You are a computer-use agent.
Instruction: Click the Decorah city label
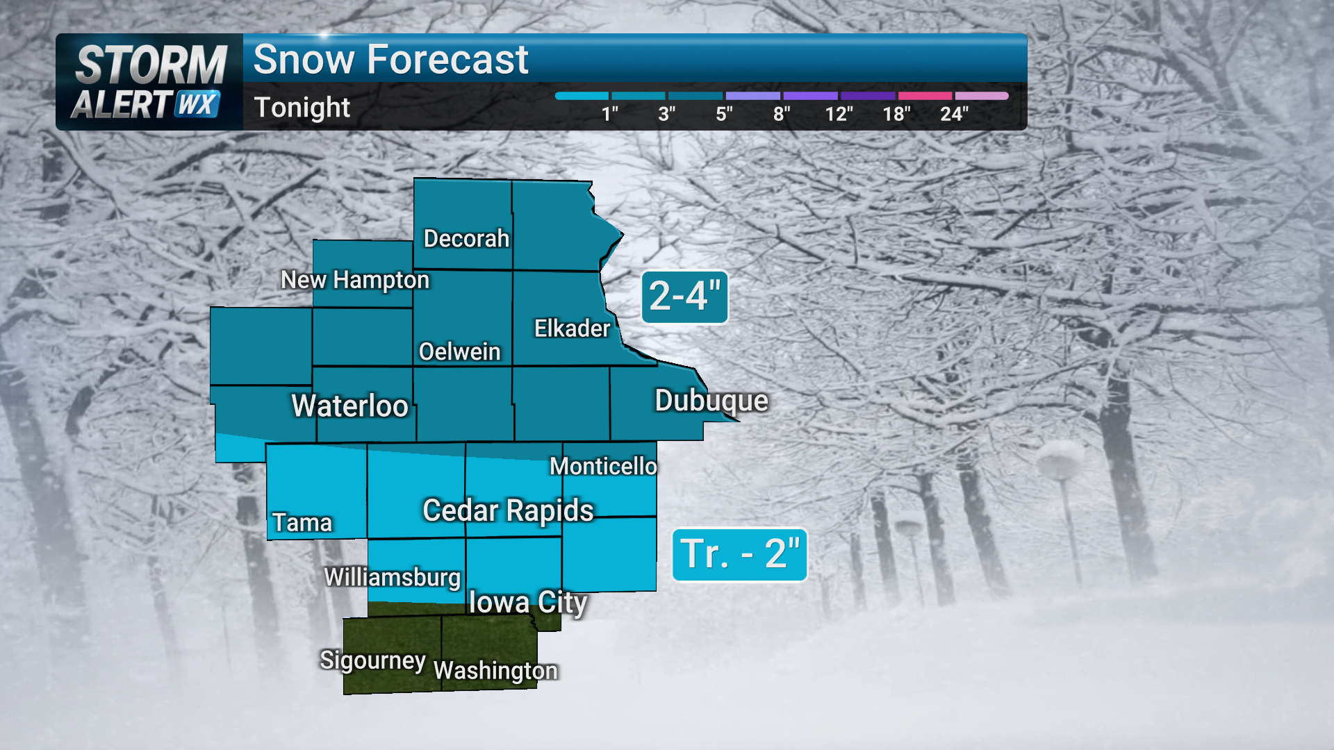[466, 239]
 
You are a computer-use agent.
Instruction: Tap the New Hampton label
[355, 280]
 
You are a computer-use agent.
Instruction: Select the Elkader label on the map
[572, 328]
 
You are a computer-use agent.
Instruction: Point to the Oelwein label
[459, 352]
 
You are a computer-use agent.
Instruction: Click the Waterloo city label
[349, 406]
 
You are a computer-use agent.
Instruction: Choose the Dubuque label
[711, 401]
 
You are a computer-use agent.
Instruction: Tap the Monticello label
[603, 467]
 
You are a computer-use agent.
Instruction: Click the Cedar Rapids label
[508, 511]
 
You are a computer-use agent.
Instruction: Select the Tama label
[302, 523]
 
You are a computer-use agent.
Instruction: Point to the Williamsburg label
[393, 578]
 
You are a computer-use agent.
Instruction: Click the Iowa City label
[528, 603]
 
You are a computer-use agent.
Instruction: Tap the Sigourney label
[372, 660]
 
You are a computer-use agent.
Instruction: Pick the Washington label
[495, 671]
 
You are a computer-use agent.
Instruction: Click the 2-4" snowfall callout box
[684, 297]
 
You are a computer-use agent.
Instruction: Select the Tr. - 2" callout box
[739, 555]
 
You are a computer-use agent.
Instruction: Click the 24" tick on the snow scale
[954, 114]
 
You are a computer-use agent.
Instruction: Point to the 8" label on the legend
[782, 114]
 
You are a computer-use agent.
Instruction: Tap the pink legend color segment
[925, 96]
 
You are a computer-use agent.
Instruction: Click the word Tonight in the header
[302, 108]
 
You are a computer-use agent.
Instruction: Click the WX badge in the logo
[197, 104]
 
